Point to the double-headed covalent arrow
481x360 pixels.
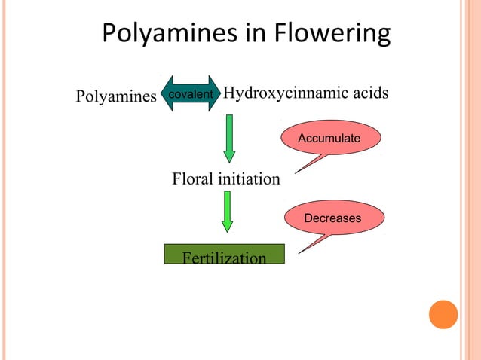tap(191, 94)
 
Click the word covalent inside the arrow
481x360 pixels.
tap(191, 94)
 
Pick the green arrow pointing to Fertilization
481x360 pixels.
tap(227, 212)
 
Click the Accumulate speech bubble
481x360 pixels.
tap(330, 139)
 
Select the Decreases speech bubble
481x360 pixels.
tap(333, 218)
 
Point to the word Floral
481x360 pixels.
tap(193, 180)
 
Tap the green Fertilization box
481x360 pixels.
tap(225, 255)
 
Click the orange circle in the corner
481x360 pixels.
tap(443, 314)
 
